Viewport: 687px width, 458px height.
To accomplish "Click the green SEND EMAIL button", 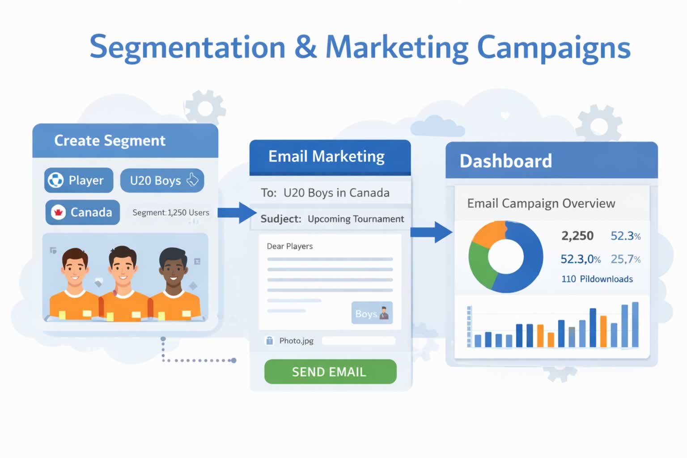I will point(330,372).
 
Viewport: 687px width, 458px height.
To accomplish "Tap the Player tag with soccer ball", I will point(79,180).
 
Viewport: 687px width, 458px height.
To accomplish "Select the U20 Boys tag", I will point(162,181).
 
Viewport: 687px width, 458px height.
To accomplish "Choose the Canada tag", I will point(83,212).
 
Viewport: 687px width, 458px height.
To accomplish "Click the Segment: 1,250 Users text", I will point(170,212).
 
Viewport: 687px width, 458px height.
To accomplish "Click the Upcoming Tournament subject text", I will point(356,219).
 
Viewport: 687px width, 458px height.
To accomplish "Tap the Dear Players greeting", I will point(289,246).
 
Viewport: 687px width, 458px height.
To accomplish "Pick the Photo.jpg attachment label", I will point(296,341).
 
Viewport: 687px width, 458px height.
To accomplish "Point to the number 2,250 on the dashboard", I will point(577,236).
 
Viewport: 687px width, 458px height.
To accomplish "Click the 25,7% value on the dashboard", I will point(625,259).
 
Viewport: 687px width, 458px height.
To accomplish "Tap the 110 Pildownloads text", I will point(597,279).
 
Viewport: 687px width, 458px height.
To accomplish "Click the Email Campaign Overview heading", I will point(541,204).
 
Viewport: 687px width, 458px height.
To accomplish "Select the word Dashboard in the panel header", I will point(505,161).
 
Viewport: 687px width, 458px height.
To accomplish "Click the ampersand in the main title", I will point(305,47).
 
